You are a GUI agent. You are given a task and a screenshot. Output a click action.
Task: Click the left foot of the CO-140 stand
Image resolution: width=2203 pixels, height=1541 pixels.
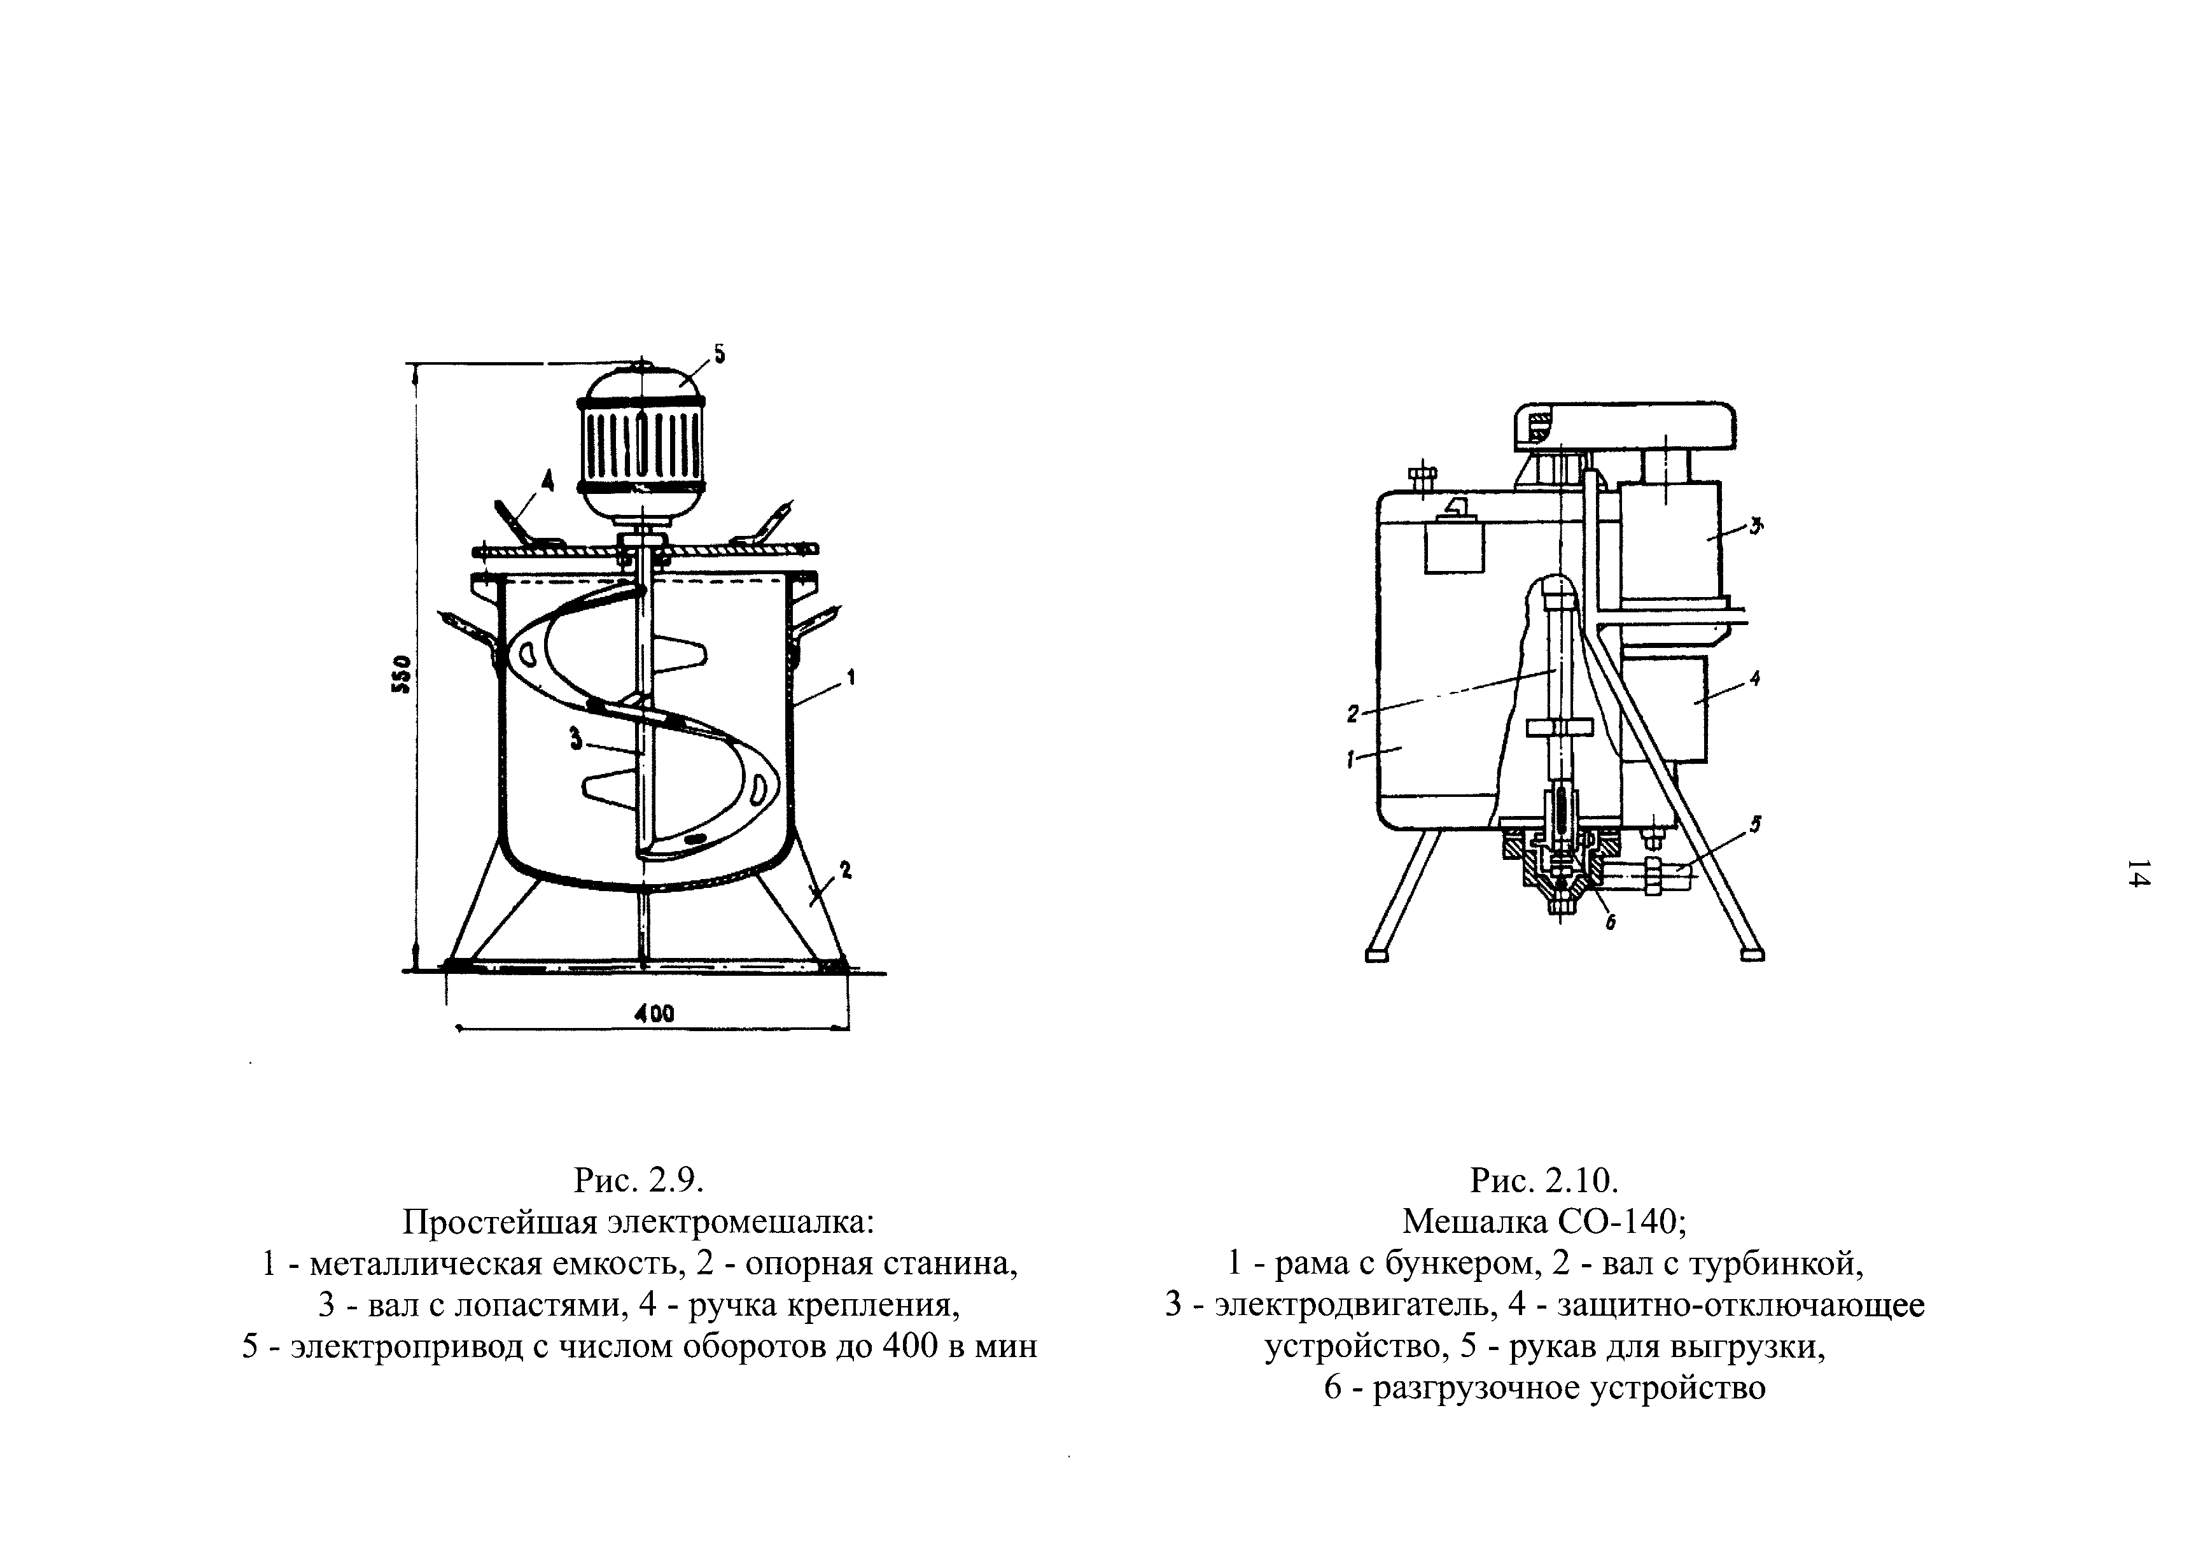1377,955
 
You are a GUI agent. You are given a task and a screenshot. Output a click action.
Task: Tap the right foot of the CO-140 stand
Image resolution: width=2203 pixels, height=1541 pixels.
1752,955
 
